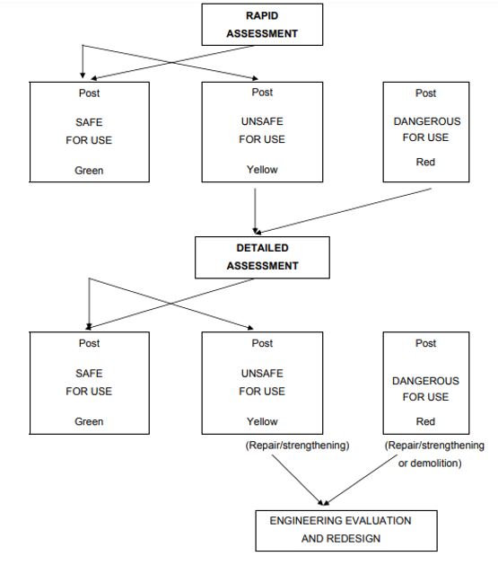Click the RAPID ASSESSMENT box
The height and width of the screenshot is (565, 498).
(x=262, y=24)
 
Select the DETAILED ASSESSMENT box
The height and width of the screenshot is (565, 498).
(x=262, y=257)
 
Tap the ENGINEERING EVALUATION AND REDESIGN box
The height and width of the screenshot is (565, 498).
(x=346, y=531)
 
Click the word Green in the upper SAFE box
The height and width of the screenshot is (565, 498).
(x=89, y=170)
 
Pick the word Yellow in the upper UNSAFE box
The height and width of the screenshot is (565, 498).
(x=262, y=170)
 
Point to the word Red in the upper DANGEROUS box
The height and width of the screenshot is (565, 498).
(x=425, y=162)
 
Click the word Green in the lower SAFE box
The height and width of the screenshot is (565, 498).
(x=89, y=421)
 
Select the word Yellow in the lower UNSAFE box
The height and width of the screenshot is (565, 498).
(x=262, y=421)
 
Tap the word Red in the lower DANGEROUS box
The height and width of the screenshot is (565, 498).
(x=425, y=421)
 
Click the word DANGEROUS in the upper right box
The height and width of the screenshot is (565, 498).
(x=427, y=121)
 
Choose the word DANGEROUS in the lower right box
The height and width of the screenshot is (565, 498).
(x=425, y=381)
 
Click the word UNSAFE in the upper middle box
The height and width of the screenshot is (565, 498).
(x=262, y=121)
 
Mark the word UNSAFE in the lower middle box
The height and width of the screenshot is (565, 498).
(x=262, y=374)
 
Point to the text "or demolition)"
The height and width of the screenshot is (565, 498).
(x=430, y=463)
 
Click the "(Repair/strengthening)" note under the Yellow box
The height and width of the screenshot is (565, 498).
(x=297, y=446)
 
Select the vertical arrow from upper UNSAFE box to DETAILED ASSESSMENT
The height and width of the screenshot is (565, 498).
(x=255, y=211)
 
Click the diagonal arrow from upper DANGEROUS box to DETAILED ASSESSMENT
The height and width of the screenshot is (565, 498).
(x=344, y=211)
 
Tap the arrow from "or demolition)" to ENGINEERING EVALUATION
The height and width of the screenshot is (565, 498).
(x=361, y=480)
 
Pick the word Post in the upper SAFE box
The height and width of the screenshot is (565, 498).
(x=89, y=93)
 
